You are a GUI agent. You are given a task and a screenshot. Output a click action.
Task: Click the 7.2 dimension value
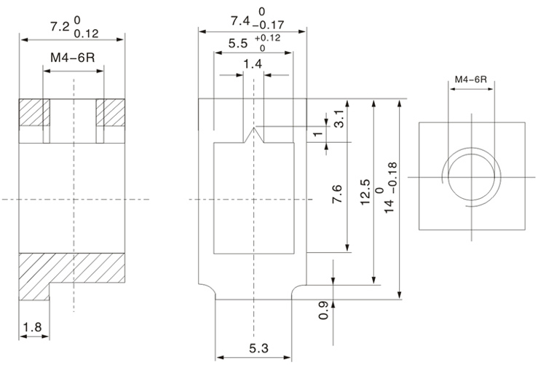pos(59,28)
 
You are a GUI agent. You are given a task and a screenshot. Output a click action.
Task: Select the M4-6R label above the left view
pos(73,58)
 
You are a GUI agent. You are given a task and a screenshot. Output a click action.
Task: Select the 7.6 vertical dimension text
pos(336,197)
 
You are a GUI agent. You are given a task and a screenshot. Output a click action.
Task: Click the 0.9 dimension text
pos(323,311)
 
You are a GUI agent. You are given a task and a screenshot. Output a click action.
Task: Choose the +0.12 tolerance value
pos(268,37)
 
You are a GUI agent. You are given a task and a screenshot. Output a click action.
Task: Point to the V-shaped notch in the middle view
pos(253,136)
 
